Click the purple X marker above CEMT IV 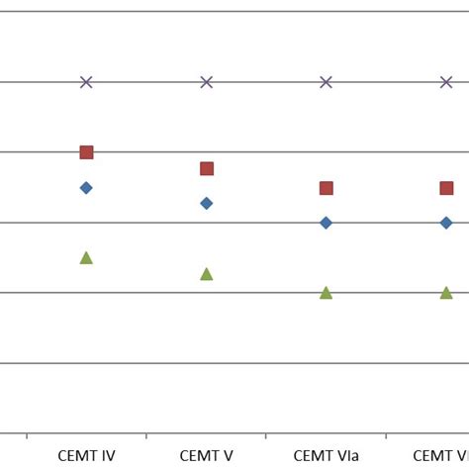(x=86, y=82)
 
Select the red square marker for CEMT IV (x=86, y=152)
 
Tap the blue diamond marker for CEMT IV (x=86, y=188)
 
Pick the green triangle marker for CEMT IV (x=86, y=258)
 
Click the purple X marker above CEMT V (x=206, y=82)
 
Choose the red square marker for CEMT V (x=206, y=168)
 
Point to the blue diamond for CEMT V (x=206, y=203)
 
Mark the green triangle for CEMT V (x=206, y=274)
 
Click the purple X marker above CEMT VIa (x=326, y=82)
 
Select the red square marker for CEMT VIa (x=326, y=188)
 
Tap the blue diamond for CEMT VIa (x=326, y=223)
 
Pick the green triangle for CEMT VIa (x=326, y=293)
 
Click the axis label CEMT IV (x=86, y=456)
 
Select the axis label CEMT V (x=206, y=456)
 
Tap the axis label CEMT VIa (x=326, y=456)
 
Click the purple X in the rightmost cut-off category (x=446, y=82)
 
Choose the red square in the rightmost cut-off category (x=446, y=188)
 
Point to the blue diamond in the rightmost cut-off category (x=446, y=223)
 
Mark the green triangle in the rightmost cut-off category (x=446, y=293)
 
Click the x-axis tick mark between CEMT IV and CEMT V (x=146, y=436)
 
